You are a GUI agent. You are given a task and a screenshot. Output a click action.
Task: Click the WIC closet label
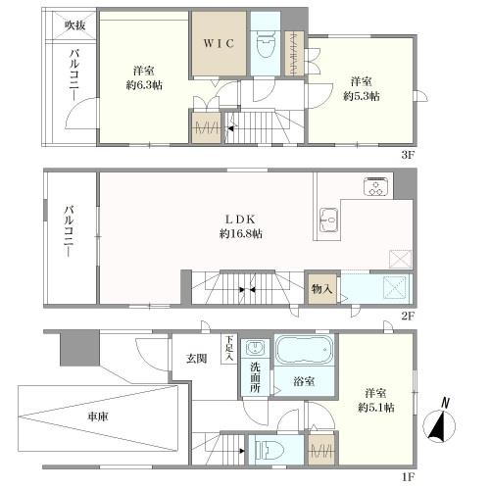(x=218, y=44)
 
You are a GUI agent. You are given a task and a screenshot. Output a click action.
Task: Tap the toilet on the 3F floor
(x=264, y=45)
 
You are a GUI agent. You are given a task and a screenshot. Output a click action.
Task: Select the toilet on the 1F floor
(x=267, y=450)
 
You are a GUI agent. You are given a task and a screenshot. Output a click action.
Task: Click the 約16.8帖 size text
(x=240, y=234)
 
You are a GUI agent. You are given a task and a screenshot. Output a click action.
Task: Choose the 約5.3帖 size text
(x=362, y=97)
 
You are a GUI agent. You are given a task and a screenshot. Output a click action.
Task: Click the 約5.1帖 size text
(x=376, y=407)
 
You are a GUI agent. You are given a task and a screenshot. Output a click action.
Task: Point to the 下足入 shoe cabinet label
(x=228, y=349)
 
